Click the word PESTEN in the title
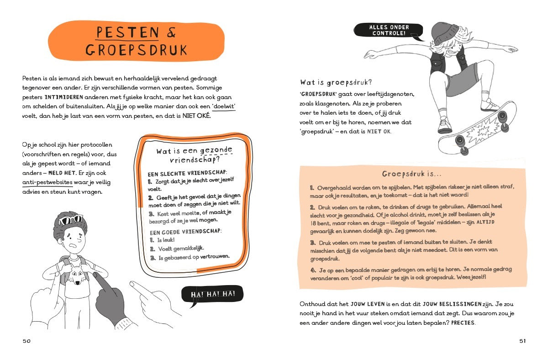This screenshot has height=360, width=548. (x=127, y=33)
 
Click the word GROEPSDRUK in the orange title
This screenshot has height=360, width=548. (x=136, y=49)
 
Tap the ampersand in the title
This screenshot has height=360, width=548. (x=172, y=33)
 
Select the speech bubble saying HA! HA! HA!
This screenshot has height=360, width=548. (x=213, y=294)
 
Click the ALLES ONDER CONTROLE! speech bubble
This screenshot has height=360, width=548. (x=389, y=30)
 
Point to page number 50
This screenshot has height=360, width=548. (x=26, y=341)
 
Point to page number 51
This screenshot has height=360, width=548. (x=522, y=341)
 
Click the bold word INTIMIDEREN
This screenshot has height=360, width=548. (x=64, y=97)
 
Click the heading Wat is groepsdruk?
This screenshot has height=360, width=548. (x=336, y=83)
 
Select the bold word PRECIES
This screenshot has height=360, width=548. (x=463, y=323)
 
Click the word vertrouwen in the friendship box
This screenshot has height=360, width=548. (x=215, y=257)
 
